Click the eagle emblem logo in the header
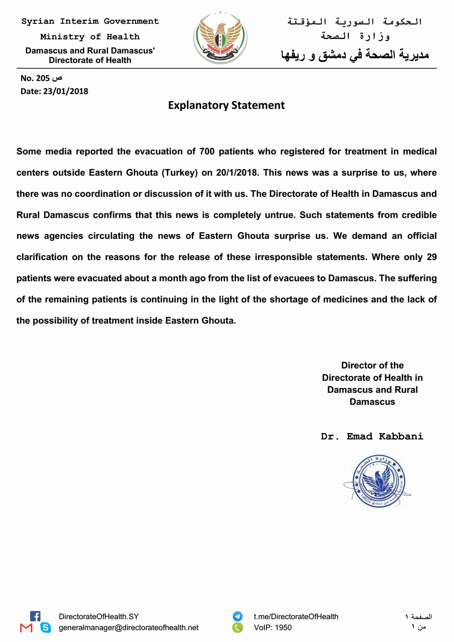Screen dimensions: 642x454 point(220,38)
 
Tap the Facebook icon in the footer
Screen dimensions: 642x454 point(35,616)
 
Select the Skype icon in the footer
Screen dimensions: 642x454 point(46,627)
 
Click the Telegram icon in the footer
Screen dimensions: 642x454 point(238,616)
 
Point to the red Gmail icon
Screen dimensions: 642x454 point(26,628)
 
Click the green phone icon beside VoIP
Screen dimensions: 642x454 point(238,627)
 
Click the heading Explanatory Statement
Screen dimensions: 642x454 point(226,105)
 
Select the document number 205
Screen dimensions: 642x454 point(43,78)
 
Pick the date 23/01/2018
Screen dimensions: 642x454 point(66,91)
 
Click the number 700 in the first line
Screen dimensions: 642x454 point(207,151)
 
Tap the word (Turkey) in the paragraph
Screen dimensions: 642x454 point(180,173)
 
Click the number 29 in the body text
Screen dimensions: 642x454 point(431,257)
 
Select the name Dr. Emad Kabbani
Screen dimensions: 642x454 point(372,436)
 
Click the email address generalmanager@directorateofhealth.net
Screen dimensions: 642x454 point(128,628)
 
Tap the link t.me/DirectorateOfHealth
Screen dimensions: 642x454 point(296,617)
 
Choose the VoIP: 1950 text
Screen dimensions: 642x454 point(273,628)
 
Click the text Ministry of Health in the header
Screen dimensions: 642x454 point(90,37)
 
